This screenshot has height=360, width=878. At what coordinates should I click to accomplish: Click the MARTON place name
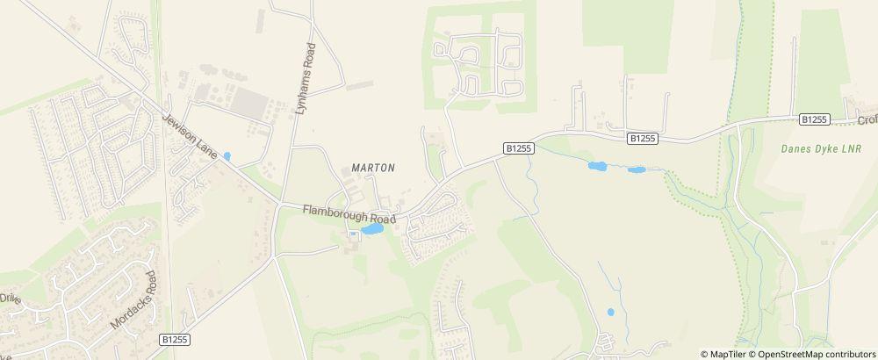pyautogui.click(x=373, y=167)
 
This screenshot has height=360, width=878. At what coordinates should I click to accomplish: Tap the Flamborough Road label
pyautogui.click(x=349, y=213)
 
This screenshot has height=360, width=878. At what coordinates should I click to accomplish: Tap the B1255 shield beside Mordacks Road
pyautogui.click(x=176, y=338)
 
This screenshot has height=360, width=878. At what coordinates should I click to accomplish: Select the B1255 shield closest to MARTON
pyautogui.click(x=519, y=148)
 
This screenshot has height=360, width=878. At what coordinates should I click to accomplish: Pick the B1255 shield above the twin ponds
pyautogui.click(x=643, y=138)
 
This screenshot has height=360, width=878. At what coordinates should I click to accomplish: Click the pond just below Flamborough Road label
pyautogui.click(x=371, y=229)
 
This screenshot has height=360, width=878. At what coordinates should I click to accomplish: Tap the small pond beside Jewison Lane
pyautogui.click(x=227, y=156)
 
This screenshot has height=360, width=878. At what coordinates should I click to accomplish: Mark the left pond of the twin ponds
pyautogui.click(x=597, y=166)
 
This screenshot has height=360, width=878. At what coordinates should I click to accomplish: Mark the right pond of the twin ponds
pyautogui.click(x=636, y=169)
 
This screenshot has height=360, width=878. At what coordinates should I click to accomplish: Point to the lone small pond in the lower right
pyautogui.click(x=610, y=312)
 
